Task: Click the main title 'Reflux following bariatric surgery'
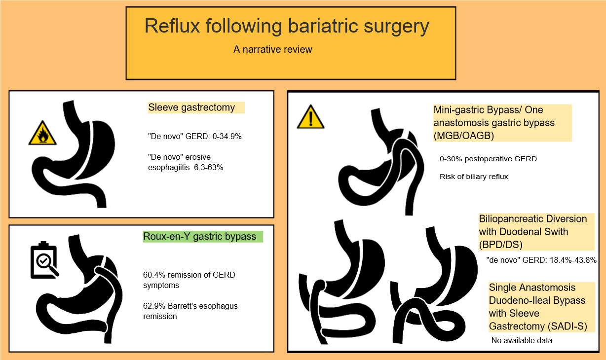pyautogui.click(x=287, y=27)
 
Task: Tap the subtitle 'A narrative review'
pyautogui.click(x=273, y=49)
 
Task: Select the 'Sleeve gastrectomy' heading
pyautogui.click(x=191, y=108)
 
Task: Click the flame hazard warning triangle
pyautogui.click(x=42, y=133)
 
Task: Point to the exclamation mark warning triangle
pyautogui.click(x=310, y=117)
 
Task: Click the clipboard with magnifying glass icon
pyautogui.click(x=44, y=260)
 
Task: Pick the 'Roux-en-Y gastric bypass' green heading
pyautogui.click(x=200, y=237)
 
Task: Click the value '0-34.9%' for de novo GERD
pyautogui.click(x=227, y=136)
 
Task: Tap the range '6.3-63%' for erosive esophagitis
pyautogui.click(x=209, y=168)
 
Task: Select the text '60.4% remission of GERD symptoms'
pyautogui.click(x=189, y=280)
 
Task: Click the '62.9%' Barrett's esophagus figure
pyautogui.click(x=154, y=306)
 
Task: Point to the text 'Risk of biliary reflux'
pyautogui.click(x=474, y=177)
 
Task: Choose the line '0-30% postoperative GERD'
pyautogui.click(x=488, y=159)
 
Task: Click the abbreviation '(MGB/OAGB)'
pyautogui.click(x=464, y=136)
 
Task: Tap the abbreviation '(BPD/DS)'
pyautogui.click(x=501, y=245)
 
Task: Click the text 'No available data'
pyautogui.click(x=522, y=341)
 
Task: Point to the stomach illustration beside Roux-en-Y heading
pyautogui.click(x=79, y=289)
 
